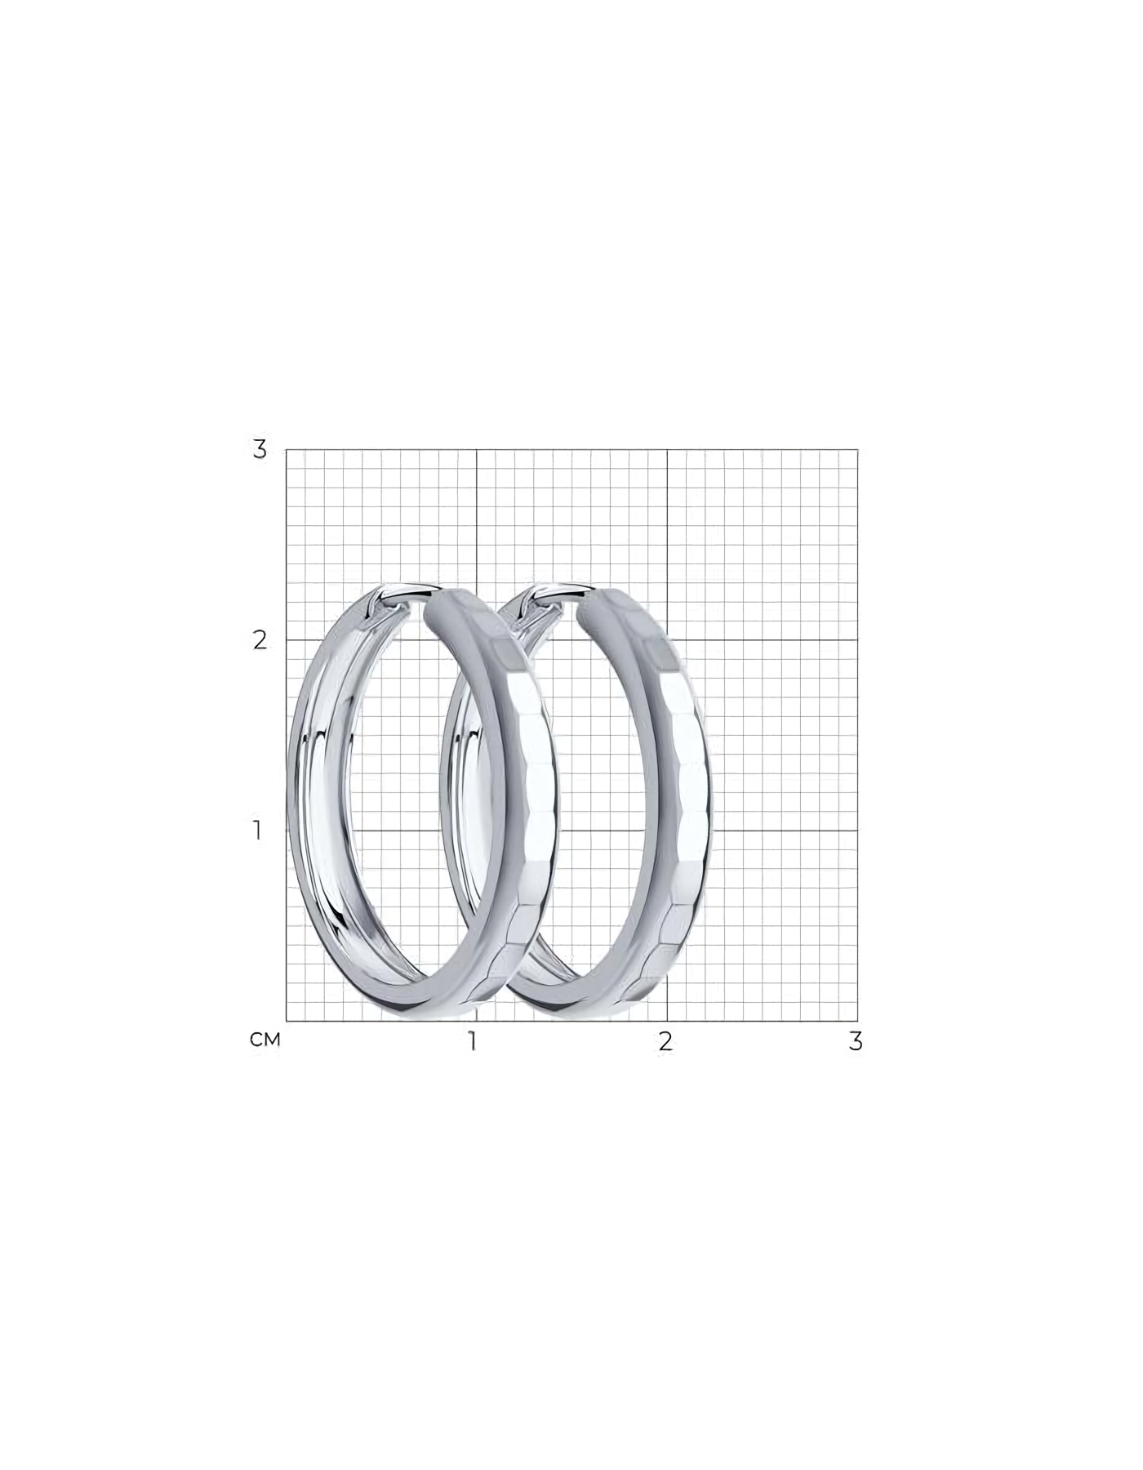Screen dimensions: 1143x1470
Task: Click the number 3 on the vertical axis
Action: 260,449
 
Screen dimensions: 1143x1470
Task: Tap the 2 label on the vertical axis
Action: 260,640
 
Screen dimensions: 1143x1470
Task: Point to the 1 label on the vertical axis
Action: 258,831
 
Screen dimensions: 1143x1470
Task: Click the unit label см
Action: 265,1040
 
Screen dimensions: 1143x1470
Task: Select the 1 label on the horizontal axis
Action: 472,1041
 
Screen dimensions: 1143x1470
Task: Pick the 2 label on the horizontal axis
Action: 666,1041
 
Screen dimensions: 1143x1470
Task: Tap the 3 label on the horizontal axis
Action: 856,1041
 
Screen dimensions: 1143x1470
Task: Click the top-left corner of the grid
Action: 286,449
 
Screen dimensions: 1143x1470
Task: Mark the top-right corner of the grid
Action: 858,449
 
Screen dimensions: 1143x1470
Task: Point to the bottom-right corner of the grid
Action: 858,1021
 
